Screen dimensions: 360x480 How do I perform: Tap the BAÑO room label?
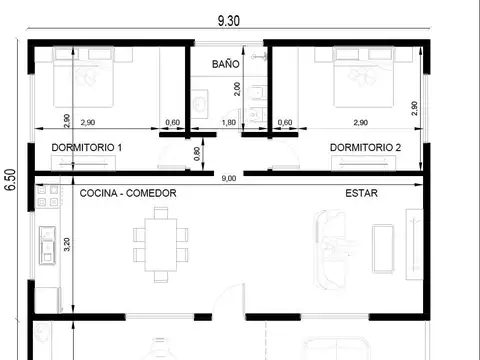(226, 63)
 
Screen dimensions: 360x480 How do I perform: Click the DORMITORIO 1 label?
(86, 148)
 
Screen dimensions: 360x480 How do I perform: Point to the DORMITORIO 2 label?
(365, 148)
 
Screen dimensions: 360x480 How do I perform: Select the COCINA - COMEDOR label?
(128, 193)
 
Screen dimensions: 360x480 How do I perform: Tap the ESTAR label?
(361, 193)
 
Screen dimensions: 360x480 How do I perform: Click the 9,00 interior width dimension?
(229, 178)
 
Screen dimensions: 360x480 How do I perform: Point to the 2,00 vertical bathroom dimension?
(237, 89)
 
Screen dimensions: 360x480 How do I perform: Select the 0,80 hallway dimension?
(196, 153)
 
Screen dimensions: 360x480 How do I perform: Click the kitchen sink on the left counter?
(45, 244)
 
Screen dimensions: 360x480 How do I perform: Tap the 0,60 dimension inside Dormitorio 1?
(172, 122)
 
